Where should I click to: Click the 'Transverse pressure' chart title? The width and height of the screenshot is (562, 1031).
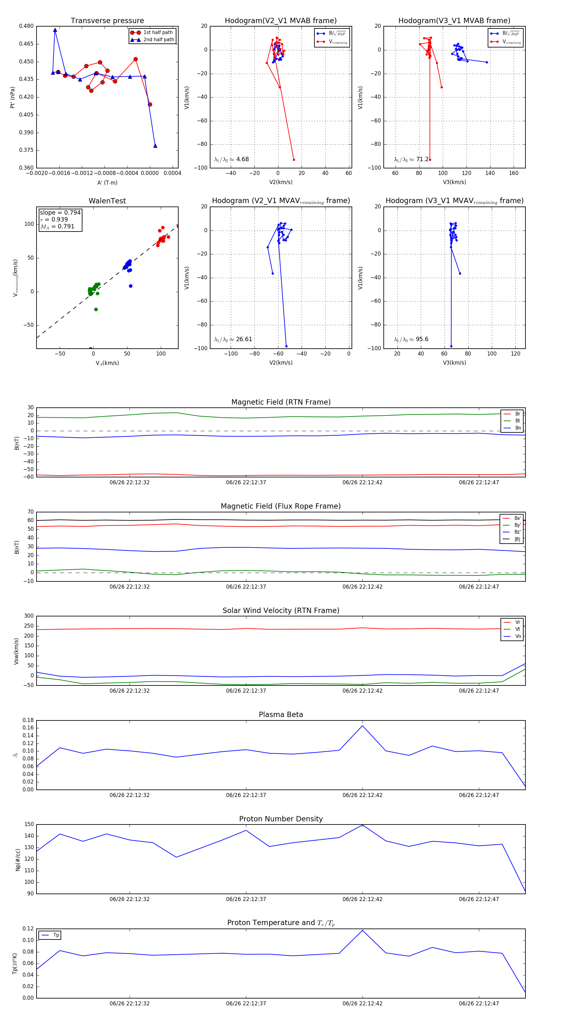point(107,21)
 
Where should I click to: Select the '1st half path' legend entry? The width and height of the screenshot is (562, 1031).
point(158,32)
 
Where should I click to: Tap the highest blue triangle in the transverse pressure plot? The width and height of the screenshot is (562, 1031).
point(55,30)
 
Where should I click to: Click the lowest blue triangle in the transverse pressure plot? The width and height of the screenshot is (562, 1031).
point(155,146)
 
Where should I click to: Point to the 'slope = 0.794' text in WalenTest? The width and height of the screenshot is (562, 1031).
point(60,212)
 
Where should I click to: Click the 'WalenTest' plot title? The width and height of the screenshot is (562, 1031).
point(107,201)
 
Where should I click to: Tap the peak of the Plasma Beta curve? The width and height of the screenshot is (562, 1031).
point(362,726)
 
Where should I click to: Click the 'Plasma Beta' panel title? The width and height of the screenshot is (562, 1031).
point(281,715)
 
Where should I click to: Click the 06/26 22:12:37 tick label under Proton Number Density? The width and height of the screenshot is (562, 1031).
point(246,899)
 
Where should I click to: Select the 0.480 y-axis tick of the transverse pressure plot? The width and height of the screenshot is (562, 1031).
point(27,26)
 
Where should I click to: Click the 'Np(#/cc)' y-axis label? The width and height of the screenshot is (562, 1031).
point(17,859)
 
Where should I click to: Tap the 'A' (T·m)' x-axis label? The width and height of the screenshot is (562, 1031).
point(107,182)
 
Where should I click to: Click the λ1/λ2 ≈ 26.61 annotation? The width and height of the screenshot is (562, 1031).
point(233,339)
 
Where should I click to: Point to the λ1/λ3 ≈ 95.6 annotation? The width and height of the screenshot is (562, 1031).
point(411,339)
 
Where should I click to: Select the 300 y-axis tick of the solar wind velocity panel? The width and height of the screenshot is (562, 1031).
point(29,616)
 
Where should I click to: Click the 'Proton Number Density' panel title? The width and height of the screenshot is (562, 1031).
point(281,819)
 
